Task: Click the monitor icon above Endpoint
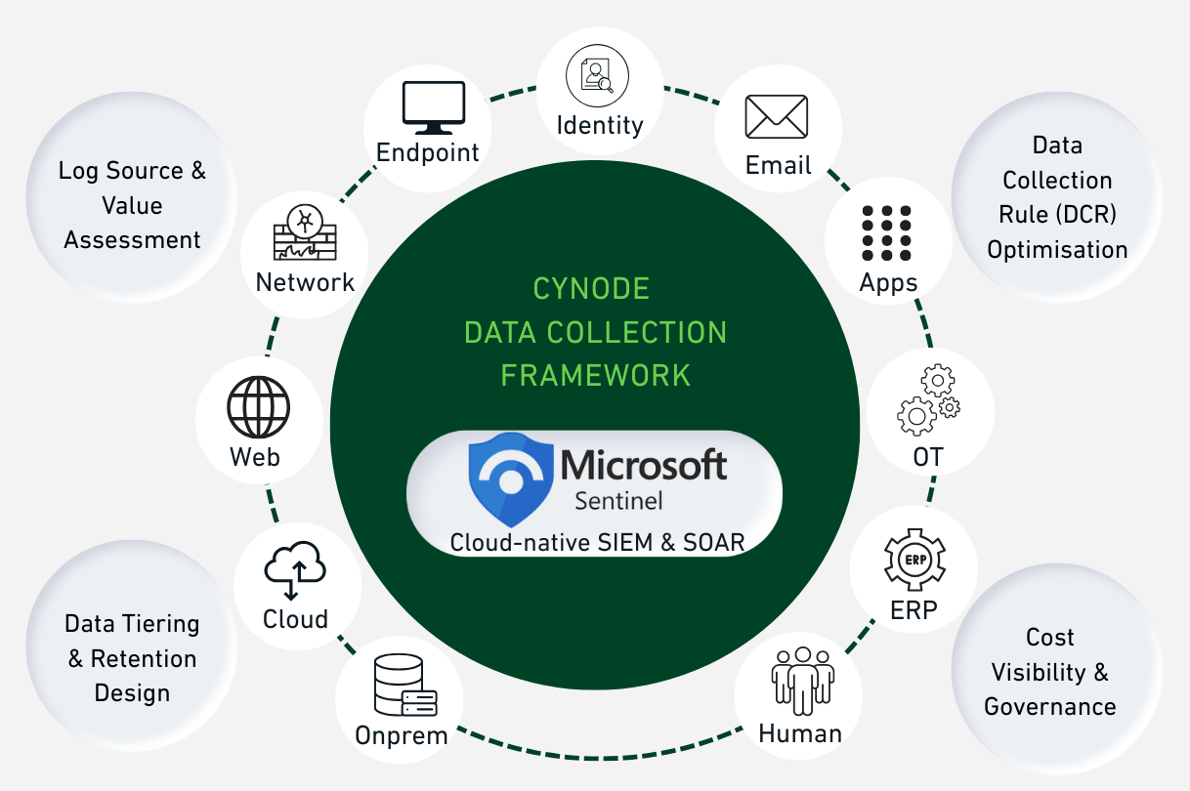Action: pos(434,107)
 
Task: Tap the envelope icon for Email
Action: pos(777,117)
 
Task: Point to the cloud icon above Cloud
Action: pos(294,570)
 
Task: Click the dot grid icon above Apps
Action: pos(887,232)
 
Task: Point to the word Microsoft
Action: pos(644,466)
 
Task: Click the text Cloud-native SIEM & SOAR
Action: pos(597,542)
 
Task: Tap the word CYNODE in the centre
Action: pos(591,289)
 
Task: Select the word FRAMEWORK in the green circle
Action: pos(595,374)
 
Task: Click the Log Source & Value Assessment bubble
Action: pos(133,205)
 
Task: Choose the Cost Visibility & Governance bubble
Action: pos(1049,672)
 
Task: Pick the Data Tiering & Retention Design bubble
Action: pos(132,658)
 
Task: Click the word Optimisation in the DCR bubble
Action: pos(1057,249)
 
